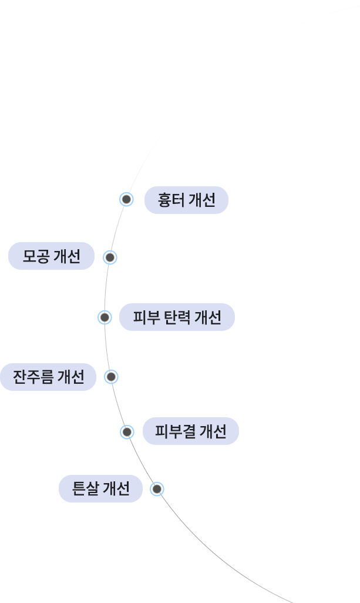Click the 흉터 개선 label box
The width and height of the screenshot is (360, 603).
tap(186, 200)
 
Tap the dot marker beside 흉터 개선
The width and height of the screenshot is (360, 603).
tap(126, 199)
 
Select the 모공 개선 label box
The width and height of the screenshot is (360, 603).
tap(51, 256)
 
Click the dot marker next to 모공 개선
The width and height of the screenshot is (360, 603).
tap(110, 257)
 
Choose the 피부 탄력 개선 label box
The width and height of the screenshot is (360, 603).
tap(177, 317)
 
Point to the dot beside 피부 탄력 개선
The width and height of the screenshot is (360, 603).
tap(105, 317)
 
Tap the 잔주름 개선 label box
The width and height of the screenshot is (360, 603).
tap(48, 377)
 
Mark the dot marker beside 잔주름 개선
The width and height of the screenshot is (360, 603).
tap(111, 377)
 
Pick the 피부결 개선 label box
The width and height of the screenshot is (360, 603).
tap(190, 431)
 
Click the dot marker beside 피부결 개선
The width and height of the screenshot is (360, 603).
tap(127, 432)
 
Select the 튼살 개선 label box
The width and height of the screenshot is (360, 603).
tap(100, 489)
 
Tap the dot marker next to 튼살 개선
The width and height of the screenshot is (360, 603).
tap(157, 489)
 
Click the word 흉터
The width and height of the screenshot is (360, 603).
tap(171, 200)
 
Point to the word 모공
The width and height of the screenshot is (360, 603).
tap(36, 256)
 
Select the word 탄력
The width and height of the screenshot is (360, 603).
tap(177, 317)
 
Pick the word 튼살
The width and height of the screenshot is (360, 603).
tap(85, 489)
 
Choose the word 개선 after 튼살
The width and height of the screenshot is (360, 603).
tap(116, 489)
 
